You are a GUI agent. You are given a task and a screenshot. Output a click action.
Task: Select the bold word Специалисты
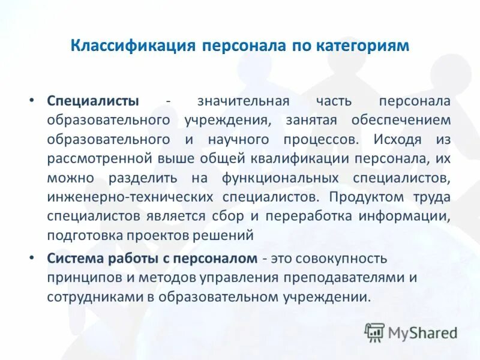click(93, 101)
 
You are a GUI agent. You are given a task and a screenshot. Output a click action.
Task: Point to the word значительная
click(244, 101)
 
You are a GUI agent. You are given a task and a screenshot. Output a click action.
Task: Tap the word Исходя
click(397, 139)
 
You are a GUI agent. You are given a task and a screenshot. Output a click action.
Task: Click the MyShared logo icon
click(374, 331)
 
